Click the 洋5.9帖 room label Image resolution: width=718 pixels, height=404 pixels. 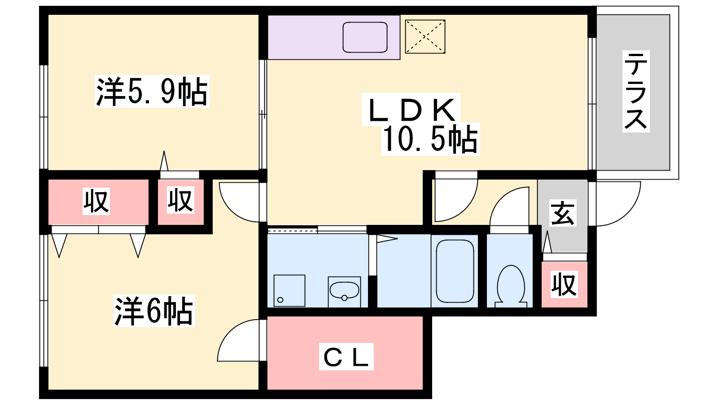pos(152,92)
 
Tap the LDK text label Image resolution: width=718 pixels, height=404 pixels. pos(411,110)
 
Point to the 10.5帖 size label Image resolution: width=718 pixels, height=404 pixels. pos(430,139)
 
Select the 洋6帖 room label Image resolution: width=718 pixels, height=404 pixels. pos(154,311)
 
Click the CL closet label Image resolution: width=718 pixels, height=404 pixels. pos(346,356)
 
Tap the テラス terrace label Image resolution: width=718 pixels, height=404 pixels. pos(636,91)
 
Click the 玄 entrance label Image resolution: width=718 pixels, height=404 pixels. pos(563,213)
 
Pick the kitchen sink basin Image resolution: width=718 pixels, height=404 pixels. pos(365,37)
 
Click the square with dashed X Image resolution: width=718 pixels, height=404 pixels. pos(425,36)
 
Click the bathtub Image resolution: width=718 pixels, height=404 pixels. pos(455,271)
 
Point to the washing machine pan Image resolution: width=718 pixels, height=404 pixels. pos(289,290)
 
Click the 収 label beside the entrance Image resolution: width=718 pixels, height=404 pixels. pos(565,284)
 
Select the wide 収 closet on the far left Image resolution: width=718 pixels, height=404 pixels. pos(98,202)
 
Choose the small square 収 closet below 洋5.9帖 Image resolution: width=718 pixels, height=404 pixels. pos(181,202)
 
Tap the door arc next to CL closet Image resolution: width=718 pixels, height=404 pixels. pos(238,340)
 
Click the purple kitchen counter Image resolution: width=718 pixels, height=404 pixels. pos(334,37)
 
